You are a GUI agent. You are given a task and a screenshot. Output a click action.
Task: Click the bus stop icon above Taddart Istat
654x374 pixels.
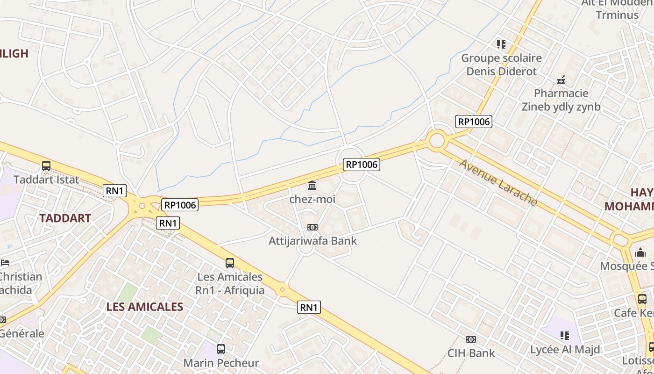click(46, 165)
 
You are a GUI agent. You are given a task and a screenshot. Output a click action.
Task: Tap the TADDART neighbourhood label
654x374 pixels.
click(65, 218)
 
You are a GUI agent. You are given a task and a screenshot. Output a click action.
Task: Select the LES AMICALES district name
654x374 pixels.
click(145, 307)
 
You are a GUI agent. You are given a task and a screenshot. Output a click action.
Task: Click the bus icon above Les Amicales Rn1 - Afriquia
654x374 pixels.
click(230, 263)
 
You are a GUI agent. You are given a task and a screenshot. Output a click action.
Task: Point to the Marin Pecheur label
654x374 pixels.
click(221, 363)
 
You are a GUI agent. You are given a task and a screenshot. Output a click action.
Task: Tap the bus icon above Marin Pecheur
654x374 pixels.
click(221, 349)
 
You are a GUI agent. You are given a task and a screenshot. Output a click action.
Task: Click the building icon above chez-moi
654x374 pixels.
click(312, 186)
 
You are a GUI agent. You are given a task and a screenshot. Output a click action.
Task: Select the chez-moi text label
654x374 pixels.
click(312, 200)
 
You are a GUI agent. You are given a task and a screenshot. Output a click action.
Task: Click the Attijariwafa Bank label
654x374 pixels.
click(313, 241)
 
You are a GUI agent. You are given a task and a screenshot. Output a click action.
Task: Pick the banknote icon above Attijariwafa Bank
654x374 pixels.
click(313, 227)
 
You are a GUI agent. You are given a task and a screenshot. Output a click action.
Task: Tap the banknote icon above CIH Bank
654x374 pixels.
click(471, 339)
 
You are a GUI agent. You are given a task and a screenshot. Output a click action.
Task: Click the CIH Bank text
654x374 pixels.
click(471, 353)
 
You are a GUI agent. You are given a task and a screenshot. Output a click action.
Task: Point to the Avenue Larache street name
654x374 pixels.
click(498, 183)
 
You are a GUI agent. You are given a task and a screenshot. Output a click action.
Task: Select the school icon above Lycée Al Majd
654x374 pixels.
click(565, 335)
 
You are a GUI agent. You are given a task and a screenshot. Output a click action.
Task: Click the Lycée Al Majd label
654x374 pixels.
click(565, 349)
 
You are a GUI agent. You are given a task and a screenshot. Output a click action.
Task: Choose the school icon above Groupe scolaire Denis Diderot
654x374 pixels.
click(501, 44)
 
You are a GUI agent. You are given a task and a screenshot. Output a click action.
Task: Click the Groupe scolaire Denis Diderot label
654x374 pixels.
click(502, 65)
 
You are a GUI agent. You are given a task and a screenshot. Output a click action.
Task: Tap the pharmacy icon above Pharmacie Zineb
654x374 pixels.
click(561, 80)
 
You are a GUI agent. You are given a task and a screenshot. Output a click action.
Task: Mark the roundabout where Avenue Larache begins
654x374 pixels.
click(437, 140)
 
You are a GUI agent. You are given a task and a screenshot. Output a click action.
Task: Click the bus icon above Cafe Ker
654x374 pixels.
click(642, 299)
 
